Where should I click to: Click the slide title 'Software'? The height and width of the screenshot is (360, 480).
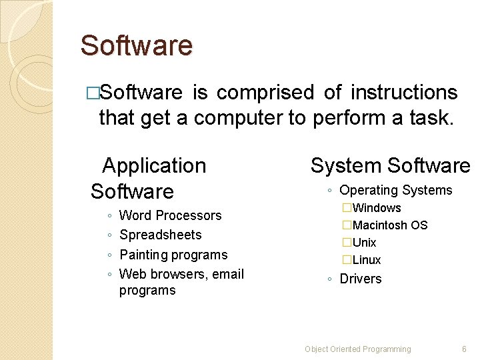pyautogui.click(x=136, y=46)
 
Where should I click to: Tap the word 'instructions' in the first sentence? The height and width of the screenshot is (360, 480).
pyautogui.click(x=404, y=92)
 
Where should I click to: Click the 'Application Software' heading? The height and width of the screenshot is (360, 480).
pyautogui.click(x=148, y=178)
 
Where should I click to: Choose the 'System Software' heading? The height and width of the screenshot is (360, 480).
pyautogui.click(x=390, y=165)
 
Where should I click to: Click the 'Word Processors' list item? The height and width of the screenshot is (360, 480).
pyautogui.click(x=170, y=215)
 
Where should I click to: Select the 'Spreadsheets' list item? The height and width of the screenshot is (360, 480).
pyautogui.click(x=160, y=235)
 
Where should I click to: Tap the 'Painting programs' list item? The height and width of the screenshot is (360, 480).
pyautogui.click(x=173, y=255)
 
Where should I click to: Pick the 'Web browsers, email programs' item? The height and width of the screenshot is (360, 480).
pyautogui.click(x=181, y=281)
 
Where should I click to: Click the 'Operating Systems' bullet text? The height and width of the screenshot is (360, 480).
pyautogui.click(x=395, y=191)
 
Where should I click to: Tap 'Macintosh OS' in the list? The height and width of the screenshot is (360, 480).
pyautogui.click(x=390, y=225)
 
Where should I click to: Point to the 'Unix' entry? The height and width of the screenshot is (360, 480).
pyautogui.click(x=365, y=243)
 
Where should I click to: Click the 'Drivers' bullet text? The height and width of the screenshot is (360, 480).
pyautogui.click(x=361, y=279)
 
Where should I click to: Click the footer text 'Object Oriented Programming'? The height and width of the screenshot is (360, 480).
pyautogui.click(x=357, y=349)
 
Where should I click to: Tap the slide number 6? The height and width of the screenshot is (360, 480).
pyautogui.click(x=464, y=349)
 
